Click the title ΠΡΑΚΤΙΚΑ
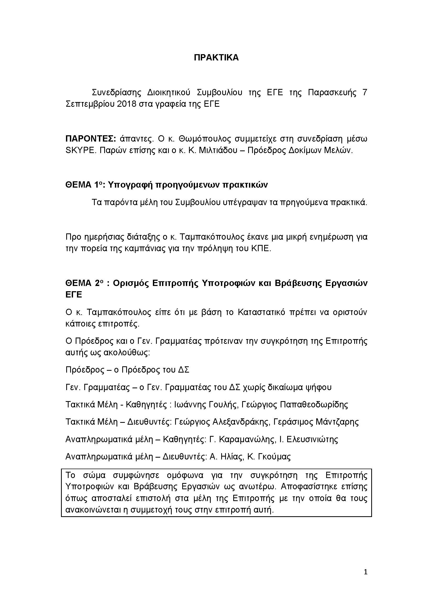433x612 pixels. pos(216,58)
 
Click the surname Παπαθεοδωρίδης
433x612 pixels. pos(314,405)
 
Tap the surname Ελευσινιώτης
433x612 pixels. pos(312,439)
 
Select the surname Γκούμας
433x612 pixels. pos(274,457)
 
